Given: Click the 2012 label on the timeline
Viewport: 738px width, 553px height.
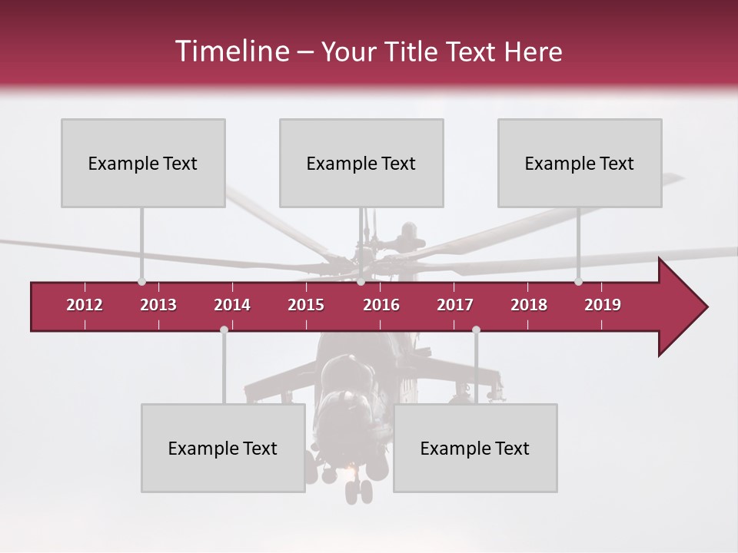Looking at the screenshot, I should pos(85,305).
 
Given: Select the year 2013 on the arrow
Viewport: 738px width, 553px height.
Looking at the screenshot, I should pos(158,305).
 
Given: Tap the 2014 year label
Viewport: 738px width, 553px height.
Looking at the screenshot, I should pos(232,305).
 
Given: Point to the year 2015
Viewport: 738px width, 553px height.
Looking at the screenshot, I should pos(306,305).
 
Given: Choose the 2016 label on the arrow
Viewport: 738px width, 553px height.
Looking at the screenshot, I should pos(381,305).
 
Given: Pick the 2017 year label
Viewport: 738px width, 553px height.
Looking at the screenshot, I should pos(455,305).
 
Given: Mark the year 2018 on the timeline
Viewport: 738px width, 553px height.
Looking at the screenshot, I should pos(529,305).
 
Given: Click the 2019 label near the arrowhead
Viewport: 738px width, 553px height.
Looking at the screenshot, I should pos(603,305).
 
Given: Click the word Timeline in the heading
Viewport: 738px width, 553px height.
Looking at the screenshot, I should pos(231,51).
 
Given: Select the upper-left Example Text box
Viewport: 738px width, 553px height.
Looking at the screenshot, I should pos(143,163).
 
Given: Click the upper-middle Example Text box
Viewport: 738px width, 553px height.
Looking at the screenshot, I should pos(361,163).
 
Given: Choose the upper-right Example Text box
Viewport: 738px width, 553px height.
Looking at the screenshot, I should pos(580,163).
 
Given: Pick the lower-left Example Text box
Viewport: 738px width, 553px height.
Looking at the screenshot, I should pos(223,448).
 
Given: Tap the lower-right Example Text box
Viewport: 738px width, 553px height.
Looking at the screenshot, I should pos(475,448).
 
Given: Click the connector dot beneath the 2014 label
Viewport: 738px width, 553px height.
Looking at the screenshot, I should pos(224,330).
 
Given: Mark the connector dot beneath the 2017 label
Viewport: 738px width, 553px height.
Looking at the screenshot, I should pos(476,330).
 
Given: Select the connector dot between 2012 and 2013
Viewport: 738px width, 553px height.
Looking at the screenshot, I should pos(141,281).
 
